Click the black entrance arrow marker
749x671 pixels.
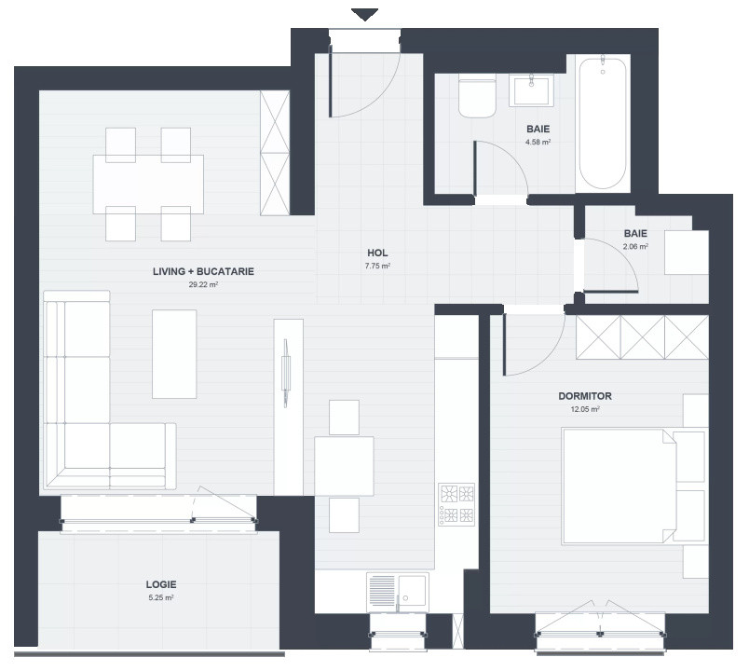tap(365, 14)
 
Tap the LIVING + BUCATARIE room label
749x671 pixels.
tap(203, 272)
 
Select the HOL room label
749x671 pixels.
tap(377, 253)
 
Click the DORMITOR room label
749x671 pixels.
tap(586, 396)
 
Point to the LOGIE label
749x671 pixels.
tap(161, 584)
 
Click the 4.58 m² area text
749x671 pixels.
tap(538, 143)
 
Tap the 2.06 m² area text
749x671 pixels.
tap(635, 247)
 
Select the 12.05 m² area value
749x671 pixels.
tap(586, 409)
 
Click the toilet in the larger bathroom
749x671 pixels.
tap(478, 97)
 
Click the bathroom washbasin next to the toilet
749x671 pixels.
tap(531, 91)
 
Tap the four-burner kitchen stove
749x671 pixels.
tap(456, 504)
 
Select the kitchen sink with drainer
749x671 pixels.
tap(398, 591)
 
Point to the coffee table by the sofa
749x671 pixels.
tap(174, 354)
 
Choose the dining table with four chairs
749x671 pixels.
tap(148, 185)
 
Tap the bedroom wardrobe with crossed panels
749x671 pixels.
tap(642, 336)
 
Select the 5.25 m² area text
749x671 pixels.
tap(161, 597)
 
